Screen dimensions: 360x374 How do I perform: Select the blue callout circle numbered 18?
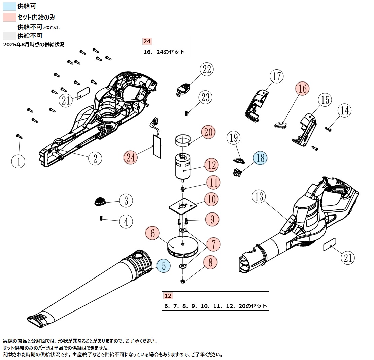pos(260,158)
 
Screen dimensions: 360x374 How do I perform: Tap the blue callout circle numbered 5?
pos(164,266)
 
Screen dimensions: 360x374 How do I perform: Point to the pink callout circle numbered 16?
pos(302,89)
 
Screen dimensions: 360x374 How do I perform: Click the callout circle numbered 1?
pos(18,161)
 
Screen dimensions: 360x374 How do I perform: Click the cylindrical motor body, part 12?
pos(183,168)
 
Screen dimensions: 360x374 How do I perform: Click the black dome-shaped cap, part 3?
pos(99,201)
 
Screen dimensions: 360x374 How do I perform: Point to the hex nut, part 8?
pos(182,281)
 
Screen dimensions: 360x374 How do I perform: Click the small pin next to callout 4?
pos(101,219)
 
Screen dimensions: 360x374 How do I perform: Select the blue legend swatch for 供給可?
pos(9,6)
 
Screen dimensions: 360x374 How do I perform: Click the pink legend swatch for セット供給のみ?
pos(9,17)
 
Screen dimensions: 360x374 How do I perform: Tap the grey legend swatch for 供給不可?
pos(9,36)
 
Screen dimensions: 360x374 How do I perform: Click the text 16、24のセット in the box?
pos(164,52)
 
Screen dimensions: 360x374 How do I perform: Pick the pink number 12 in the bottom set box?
pos(168,296)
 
